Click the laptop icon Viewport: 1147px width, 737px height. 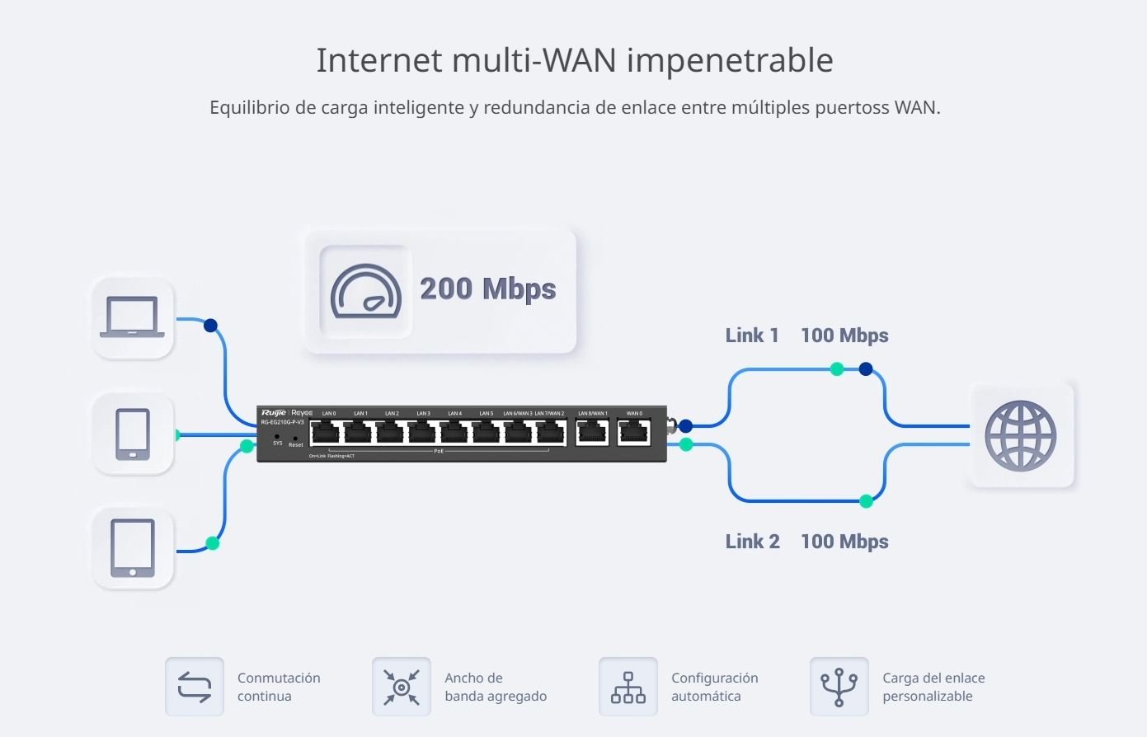pyautogui.click(x=132, y=317)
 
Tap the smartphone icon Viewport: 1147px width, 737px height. pyautogui.click(x=133, y=434)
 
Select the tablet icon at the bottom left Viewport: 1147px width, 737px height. pyautogui.click(x=133, y=548)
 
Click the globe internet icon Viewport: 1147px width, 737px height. pyautogui.click(x=1021, y=435)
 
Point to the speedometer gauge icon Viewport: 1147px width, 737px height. pyautogui.click(x=365, y=291)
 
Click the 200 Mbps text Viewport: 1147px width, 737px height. pyautogui.click(x=487, y=289)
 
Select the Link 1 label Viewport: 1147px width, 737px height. pyautogui.click(x=751, y=336)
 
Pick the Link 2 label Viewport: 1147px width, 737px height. pyautogui.click(x=752, y=542)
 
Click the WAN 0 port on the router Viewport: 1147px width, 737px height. pyautogui.click(x=634, y=431)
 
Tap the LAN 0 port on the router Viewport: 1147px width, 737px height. pyautogui.click(x=327, y=431)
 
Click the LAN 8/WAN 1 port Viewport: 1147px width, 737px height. pyautogui.click(x=592, y=431)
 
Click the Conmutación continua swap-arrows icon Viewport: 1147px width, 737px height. pyautogui.click(x=195, y=687)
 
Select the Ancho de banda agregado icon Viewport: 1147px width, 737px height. pyautogui.click(x=402, y=687)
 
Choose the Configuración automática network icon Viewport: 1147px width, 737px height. pyautogui.click(x=628, y=687)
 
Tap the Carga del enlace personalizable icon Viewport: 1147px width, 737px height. pyautogui.click(x=839, y=687)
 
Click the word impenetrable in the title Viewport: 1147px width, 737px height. pyautogui.click(x=730, y=60)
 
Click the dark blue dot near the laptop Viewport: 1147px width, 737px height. pyautogui.click(x=210, y=326)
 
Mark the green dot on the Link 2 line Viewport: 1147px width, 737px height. pyautogui.click(x=866, y=500)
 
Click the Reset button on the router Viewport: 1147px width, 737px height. pyautogui.click(x=294, y=438)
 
